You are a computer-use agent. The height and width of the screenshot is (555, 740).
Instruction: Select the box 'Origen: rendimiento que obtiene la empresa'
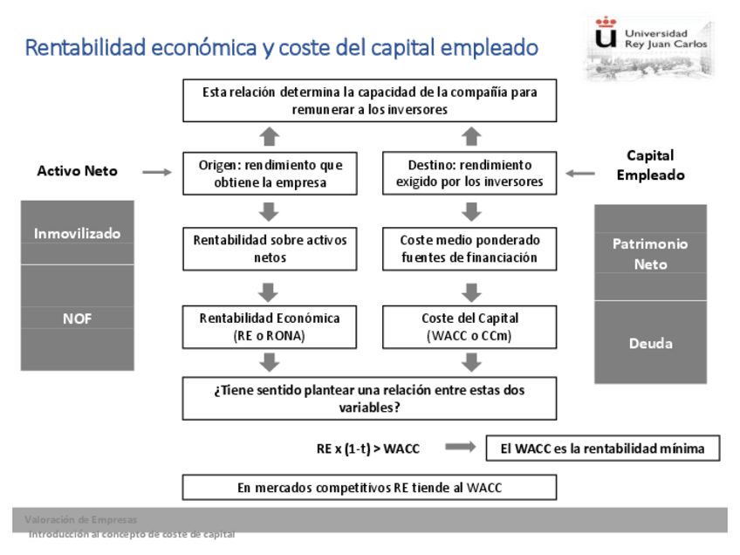click(270, 174)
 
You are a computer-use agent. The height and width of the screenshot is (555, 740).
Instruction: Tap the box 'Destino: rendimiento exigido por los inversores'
click(469, 174)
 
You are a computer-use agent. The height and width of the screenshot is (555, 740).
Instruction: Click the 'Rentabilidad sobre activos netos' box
click(270, 249)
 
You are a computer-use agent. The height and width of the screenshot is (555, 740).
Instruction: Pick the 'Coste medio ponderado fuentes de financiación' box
click(469, 249)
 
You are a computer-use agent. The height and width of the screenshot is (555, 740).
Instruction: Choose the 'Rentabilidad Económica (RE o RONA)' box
click(270, 326)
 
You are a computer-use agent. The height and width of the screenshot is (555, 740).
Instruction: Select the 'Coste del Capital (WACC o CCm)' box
click(469, 326)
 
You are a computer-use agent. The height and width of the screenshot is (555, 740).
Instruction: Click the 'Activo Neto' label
click(77, 171)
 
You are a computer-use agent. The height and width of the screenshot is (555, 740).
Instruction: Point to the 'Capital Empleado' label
click(650, 165)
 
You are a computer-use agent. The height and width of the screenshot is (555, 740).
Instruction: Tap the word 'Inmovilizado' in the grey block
click(77, 234)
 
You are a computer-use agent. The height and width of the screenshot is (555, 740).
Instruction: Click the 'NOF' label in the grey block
click(77, 319)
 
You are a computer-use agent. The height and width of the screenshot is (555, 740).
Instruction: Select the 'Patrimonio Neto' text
click(650, 254)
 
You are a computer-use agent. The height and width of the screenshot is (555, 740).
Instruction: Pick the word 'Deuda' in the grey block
click(650, 343)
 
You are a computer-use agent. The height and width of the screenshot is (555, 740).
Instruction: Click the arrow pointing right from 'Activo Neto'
click(157, 173)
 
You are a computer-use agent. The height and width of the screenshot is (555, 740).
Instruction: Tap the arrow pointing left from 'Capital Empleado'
click(580, 173)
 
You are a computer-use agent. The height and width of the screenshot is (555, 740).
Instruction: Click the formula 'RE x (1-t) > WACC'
click(367, 449)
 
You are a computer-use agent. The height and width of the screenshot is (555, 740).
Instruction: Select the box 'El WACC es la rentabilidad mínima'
click(602, 449)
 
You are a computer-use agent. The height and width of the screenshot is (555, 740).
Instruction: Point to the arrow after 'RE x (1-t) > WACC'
click(460, 448)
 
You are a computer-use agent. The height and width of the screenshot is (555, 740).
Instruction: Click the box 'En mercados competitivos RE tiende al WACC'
click(369, 488)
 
